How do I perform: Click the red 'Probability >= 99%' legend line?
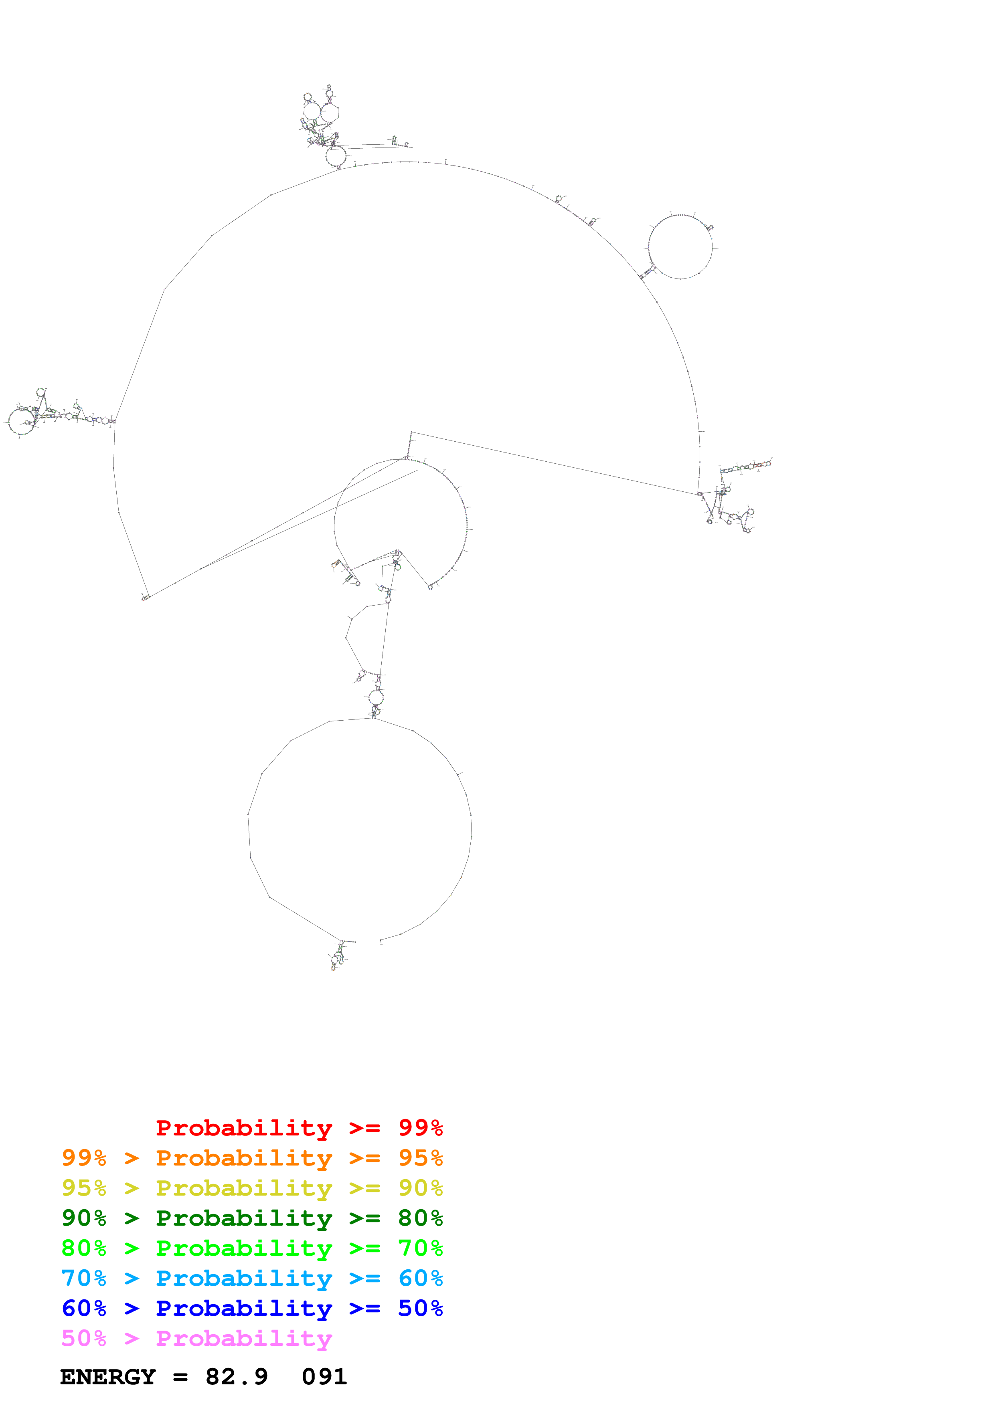coord(299,1128)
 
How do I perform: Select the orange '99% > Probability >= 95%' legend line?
coord(252,1158)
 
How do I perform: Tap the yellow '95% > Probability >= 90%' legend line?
coord(252,1188)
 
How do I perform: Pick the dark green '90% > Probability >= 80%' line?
coord(252,1218)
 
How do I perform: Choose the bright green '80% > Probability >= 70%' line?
coord(252,1248)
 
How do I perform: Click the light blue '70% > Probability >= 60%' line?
coord(252,1278)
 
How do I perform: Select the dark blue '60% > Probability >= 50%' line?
coord(252,1308)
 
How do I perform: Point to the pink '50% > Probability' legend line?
coord(196,1338)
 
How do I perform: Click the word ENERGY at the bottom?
coord(108,1377)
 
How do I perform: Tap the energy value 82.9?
coord(237,1377)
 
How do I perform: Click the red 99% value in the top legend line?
coord(420,1128)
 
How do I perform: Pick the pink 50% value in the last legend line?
coord(84,1338)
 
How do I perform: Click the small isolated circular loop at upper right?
coord(680,247)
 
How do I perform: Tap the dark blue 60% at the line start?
coord(84,1308)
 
